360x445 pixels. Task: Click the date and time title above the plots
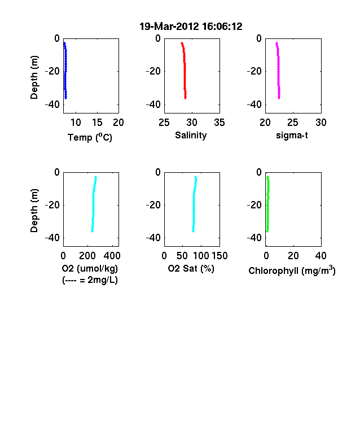click(191, 27)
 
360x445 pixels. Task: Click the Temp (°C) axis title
click(90, 137)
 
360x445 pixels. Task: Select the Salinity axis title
click(191, 136)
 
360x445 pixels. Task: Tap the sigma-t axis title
click(292, 136)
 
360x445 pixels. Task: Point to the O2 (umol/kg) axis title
click(90, 268)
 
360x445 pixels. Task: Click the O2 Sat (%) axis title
click(191, 268)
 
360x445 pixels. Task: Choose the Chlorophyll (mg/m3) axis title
click(292, 270)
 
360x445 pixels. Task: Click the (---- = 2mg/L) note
click(90, 280)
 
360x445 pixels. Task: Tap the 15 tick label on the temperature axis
click(97, 123)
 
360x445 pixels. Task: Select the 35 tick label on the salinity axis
click(219, 123)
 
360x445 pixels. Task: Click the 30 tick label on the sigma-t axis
click(321, 123)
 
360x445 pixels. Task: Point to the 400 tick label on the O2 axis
click(112, 256)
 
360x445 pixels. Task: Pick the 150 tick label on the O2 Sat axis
click(219, 256)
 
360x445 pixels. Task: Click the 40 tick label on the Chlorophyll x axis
click(321, 256)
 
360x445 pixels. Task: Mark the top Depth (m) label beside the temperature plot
click(34, 77)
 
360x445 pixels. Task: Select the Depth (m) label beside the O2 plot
click(34, 211)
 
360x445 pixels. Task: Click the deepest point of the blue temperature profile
click(66, 98)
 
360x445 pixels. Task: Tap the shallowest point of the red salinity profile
click(182, 43)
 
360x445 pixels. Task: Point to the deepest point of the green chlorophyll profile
click(267, 231)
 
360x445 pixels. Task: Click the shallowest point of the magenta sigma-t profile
click(276, 43)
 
